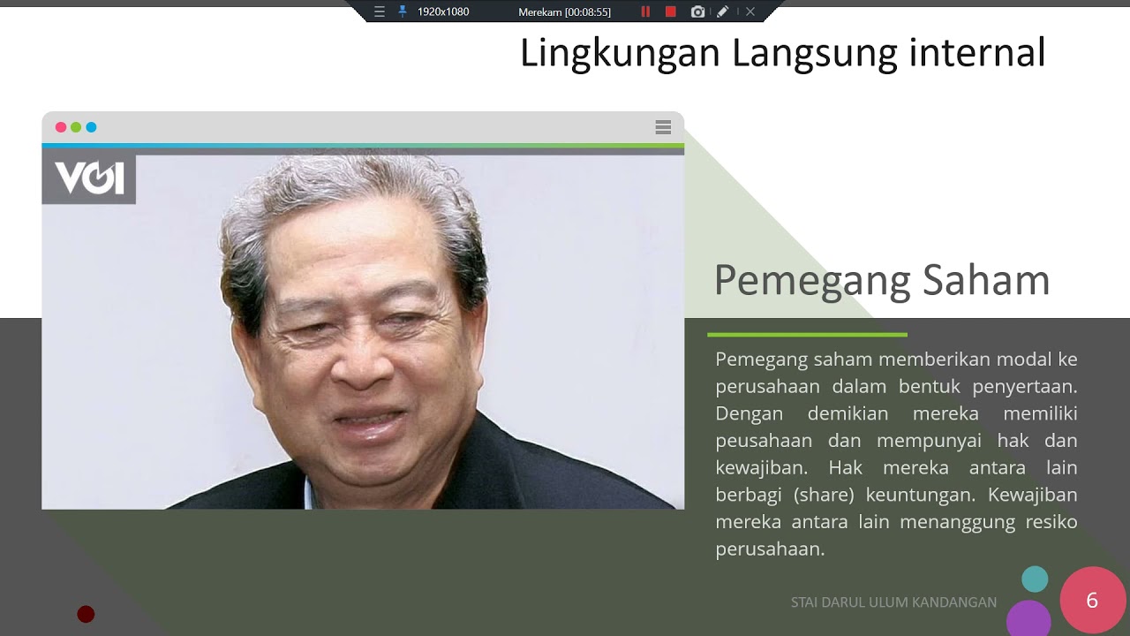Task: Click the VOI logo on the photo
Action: click(x=89, y=178)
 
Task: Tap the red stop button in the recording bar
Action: click(x=671, y=11)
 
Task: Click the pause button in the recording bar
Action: click(x=645, y=11)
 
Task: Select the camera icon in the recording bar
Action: click(x=697, y=11)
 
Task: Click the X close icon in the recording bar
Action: click(x=750, y=11)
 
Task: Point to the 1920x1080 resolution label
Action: click(x=443, y=11)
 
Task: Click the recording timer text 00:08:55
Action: click(x=588, y=11)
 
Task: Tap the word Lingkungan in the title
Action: click(x=620, y=53)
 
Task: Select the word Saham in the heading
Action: click(x=986, y=280)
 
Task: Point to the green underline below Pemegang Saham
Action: click(x=807, y=335)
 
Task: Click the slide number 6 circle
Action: click(x=1092, y=601)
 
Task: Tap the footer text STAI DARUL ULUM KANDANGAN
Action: click(x=893, y=602)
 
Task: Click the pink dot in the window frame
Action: click(x=61, y=127)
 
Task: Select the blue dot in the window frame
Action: click(x=91, y=127)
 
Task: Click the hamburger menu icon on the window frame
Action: click(x=663, y=127)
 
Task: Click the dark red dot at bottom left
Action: click(x=86, y=614)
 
